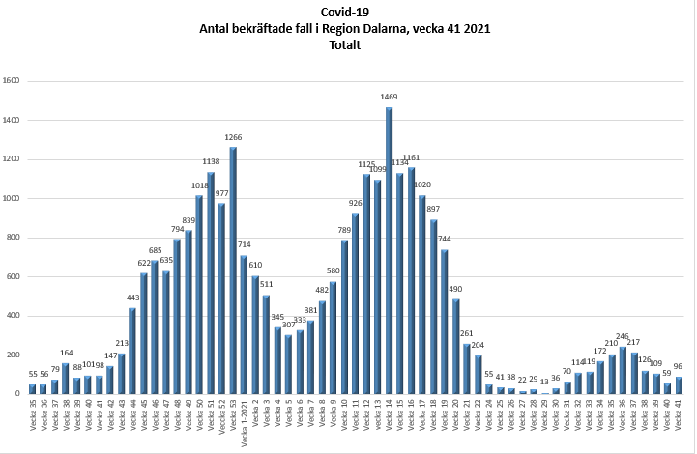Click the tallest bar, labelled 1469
(389, 251)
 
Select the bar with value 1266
(233, 270)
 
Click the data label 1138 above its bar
(211, 162)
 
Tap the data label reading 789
(344, 230)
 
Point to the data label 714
(245, 245)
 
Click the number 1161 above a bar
(411, 157)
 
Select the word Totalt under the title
(347, 45)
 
